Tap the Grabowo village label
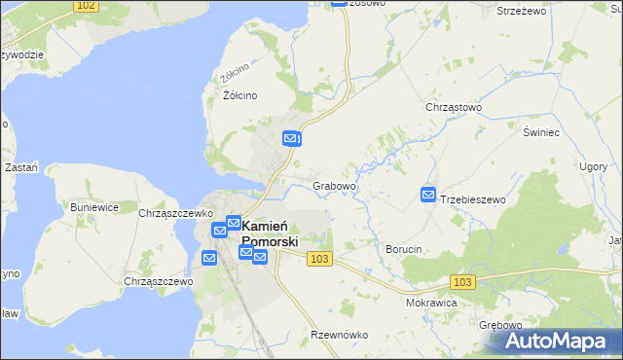[334, 186]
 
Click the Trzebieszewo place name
[474, 199]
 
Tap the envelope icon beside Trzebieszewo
[427, 196]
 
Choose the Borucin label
[403, 250]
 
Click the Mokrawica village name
[431, 303]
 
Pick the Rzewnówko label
[339, 335]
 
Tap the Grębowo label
[501, 325]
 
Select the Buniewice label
[94, 207]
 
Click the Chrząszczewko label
[175, 213]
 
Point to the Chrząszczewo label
[159, 281]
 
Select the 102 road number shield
[86, 6]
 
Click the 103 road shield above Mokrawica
[463, 281]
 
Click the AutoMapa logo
[562, 341]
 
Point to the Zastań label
[21, 167]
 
